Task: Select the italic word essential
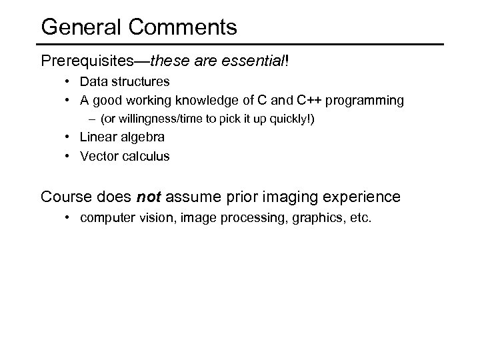point(255,62)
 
